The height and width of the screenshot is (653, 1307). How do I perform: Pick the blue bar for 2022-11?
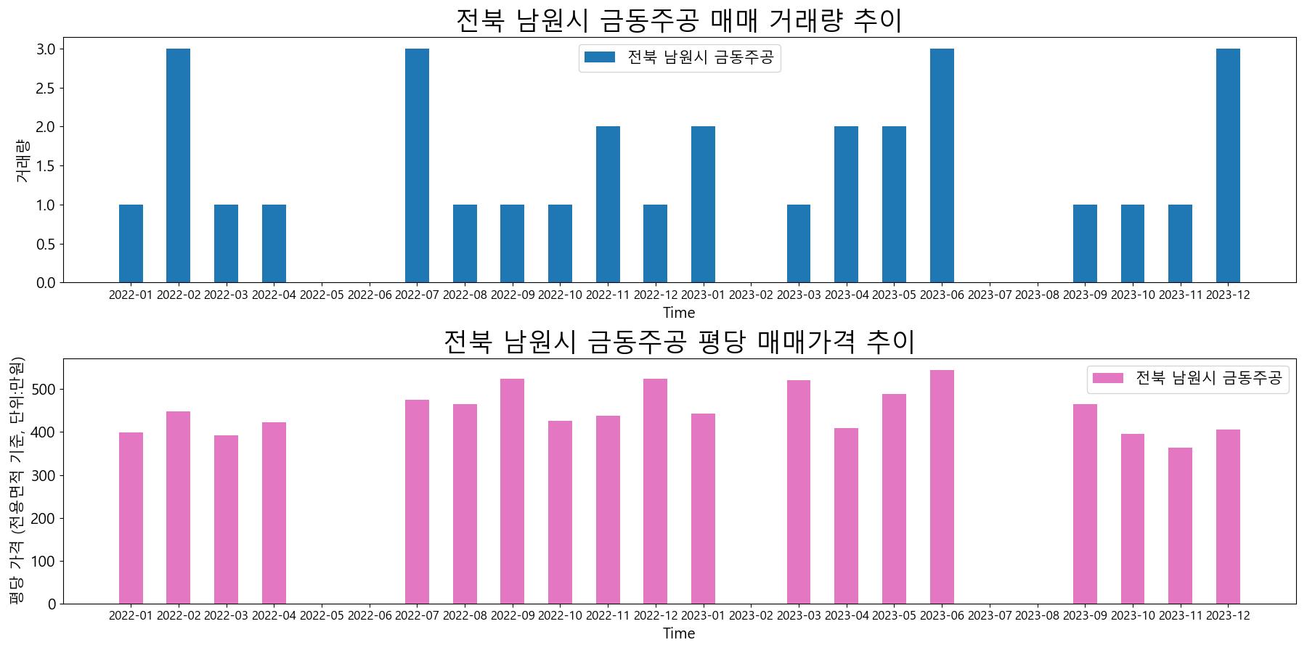[x=608, y=205]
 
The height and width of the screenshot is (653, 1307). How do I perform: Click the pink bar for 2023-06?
[x=942, y=487]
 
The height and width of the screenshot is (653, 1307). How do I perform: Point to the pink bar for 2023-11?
[x=1180, y=526]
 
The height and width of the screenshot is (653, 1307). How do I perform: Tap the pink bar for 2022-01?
[x=131, y=518]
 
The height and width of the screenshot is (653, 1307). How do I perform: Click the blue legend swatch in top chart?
[x=600, y=57]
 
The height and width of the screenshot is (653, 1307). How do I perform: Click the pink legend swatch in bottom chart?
[x=1107, y=378]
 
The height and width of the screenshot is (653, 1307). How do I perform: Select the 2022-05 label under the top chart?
[x=322, y=295]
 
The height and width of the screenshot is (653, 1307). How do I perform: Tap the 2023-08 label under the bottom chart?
[x=1037, y=616]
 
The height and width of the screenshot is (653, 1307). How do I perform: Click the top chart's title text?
[x=678, y=20]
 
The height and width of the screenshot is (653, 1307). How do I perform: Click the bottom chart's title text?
[x=678, y=342]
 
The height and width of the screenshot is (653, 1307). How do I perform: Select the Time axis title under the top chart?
[x=678, y=313]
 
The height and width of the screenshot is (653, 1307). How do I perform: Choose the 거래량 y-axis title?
[x=22, y=160]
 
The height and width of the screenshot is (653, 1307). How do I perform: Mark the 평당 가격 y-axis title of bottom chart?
[x=16, y=481]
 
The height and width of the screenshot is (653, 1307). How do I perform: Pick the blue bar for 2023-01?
[x=703, y=205]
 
